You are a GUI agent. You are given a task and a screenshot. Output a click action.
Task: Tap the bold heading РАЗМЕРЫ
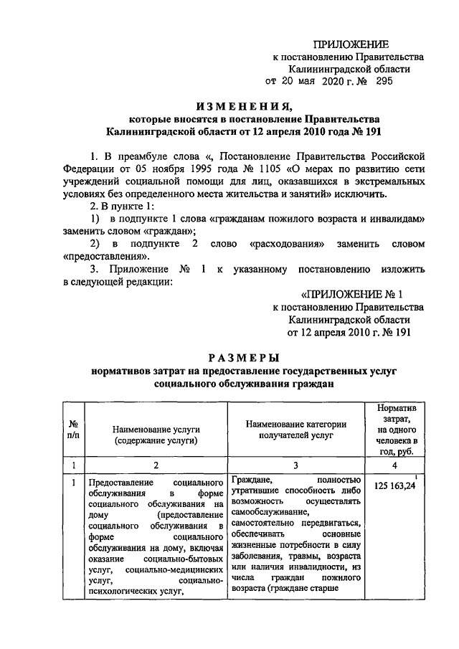pyautogui.click(x=244, y=357)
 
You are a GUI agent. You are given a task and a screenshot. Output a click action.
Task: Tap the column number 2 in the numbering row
pyautogui.click(x=154, y=465)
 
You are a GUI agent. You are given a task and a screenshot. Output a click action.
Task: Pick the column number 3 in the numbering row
pyautogui.click(x=295, y=465)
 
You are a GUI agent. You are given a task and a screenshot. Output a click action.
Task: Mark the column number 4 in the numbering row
pyautogui.click(x=401, y=465)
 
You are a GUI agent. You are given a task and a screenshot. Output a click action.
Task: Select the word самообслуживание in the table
pyautogui.click(x=269, y=512)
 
